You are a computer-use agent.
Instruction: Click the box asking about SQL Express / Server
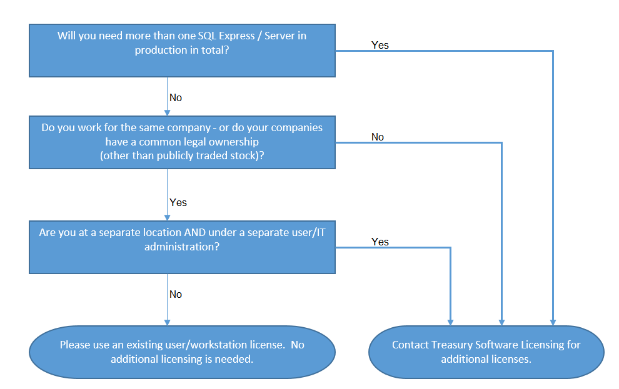pyautogui.click(x=182, y=51)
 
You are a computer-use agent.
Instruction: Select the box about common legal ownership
pyautogui.click(x=182, y=142)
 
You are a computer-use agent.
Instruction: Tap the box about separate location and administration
pyautogui.click(x=182, y=247)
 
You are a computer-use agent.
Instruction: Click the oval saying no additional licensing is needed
pyautogui.click(x=182, y=352)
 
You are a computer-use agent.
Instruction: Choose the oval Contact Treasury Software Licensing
pyautogui.click(x=486, y=352)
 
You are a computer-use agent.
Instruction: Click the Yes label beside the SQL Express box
pyautogui.click(x=380, y=46)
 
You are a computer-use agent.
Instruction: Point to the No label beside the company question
pyautogui.click(x=378, y=137)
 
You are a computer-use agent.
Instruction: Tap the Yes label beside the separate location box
pyautogui.click(x=380, y=242)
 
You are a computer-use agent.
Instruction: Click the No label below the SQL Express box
pyautogui.click(x=176, y=98)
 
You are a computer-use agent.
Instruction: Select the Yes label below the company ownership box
pyautogui.click(x=178, y=202)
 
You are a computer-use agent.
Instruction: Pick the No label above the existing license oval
pyautogui.click(x=176, y=295)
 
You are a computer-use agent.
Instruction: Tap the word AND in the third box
pyautogui.click(x=194, y=232)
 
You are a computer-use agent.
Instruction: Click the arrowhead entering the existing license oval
pyautogui.click(x=167, y=322)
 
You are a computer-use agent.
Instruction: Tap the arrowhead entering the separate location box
pyautogui.click(x=167, y=217)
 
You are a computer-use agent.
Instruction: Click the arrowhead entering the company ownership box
pyautogui.click(x=167, y=113)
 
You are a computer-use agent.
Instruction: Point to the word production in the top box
pyautogui.click(x=160, y=51)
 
